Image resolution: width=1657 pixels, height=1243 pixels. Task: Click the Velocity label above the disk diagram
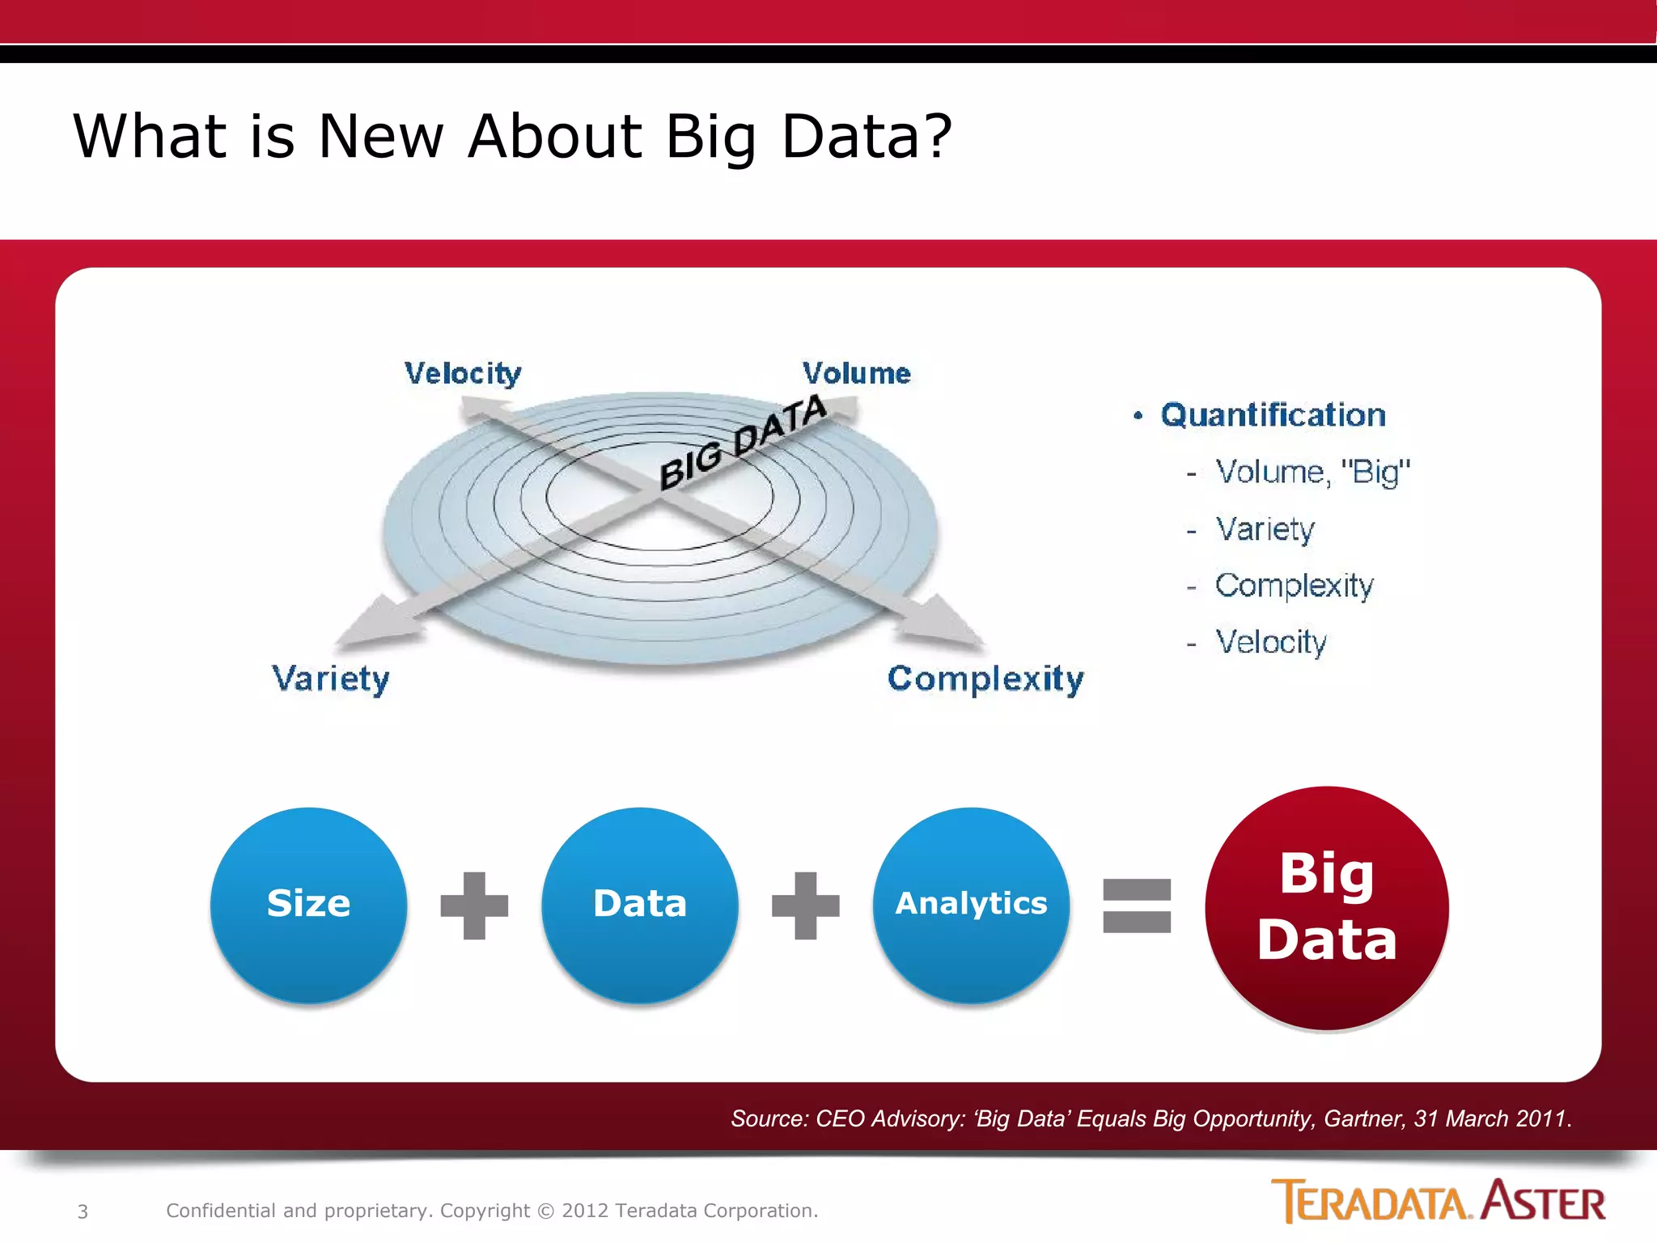(x=463, y=374)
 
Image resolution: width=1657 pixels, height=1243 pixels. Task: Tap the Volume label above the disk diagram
(x=856, y=374)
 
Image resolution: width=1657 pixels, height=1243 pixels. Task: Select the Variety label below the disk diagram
(x=330, y=678)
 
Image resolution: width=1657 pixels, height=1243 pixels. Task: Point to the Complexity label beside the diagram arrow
(x=985, y=678)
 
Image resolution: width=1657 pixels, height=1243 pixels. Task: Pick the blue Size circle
(x=308, y=904)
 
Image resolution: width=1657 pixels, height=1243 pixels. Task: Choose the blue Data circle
(x=639, y=904)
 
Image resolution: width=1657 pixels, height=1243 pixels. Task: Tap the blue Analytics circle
(x=971, y=904)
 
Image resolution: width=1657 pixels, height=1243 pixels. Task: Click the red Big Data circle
(x=1326, y=907)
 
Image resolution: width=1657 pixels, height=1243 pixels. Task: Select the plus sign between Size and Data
(x=474, y=906)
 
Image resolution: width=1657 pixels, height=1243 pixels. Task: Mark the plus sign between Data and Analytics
(x=805, y=906)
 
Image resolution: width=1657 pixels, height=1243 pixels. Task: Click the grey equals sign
(x=1137, y=906)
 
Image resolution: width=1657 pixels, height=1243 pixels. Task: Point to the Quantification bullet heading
(x=1273, y=415)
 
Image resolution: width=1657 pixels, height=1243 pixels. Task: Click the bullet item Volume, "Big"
(x=1312, y=472)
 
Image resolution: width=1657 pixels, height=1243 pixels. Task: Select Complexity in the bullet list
(x=1294, y=585)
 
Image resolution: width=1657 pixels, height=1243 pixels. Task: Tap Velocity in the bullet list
(x=1271, y=642)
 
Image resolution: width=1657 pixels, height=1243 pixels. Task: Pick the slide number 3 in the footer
(x=83, y=1211)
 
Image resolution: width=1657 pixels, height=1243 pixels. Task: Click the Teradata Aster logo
(x=1438, y=1201)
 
